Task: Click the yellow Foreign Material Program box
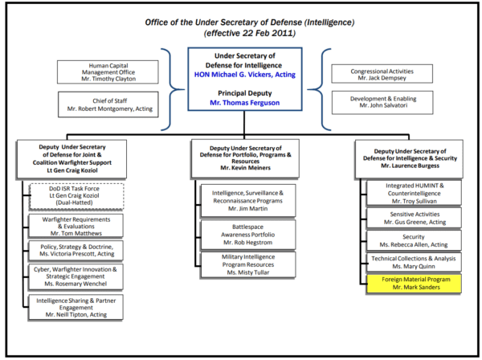[414, 284]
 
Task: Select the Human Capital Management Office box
[108, 72]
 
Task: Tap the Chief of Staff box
[108, 104]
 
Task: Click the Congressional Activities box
[382, 74]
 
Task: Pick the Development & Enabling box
[382, 102]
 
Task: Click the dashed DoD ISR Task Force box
[76, 196]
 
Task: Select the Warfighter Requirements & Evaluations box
[76, 226]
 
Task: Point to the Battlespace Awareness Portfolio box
[248, 235]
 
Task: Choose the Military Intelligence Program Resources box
[248, 264]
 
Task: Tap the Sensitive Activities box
[414, 218]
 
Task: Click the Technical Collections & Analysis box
[414, 262]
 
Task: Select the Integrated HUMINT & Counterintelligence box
[414, 193]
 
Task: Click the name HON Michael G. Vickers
[233, 75]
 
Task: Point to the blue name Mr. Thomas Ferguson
[245, 103]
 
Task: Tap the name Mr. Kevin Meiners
[245, 168]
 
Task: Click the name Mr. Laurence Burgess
[410, 166]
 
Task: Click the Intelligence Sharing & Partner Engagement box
[76, 308]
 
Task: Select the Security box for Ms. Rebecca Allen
[414, 240]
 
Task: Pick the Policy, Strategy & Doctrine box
[76, 251]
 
